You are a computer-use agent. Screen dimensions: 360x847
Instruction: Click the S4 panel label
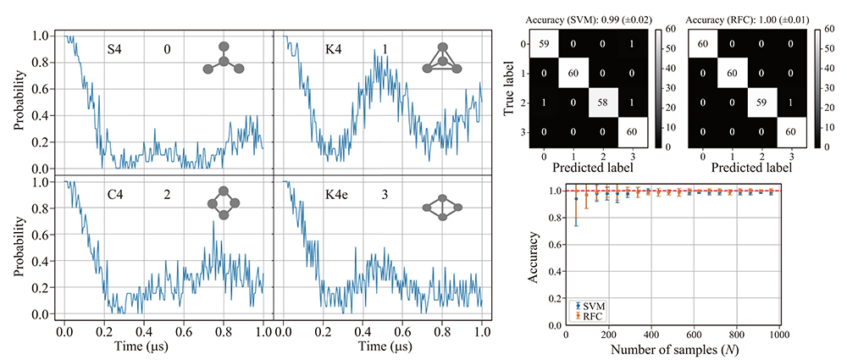click(x=114, y=50)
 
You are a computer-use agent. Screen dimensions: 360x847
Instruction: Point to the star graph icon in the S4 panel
click(x=223, y=58)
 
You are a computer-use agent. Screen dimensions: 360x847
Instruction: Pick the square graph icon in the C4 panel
click(x=224, y=200)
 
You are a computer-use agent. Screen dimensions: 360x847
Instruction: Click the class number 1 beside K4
click(x=385, y=50)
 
